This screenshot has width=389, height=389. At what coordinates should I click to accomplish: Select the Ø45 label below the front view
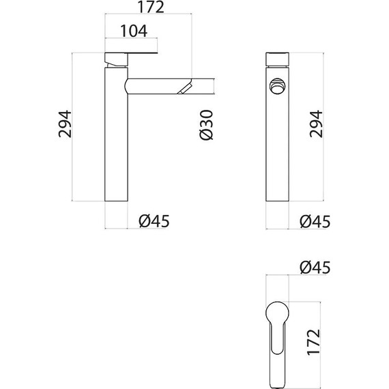click(x=315, y=221)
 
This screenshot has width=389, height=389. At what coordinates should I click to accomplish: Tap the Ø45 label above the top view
click(x=315, y=268)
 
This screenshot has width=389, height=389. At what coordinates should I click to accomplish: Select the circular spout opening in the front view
click(x=277, y=87)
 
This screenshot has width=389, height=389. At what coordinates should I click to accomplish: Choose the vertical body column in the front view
click(x=277, y=150)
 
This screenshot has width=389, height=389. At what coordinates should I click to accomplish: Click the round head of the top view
click(x=277, y=313)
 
